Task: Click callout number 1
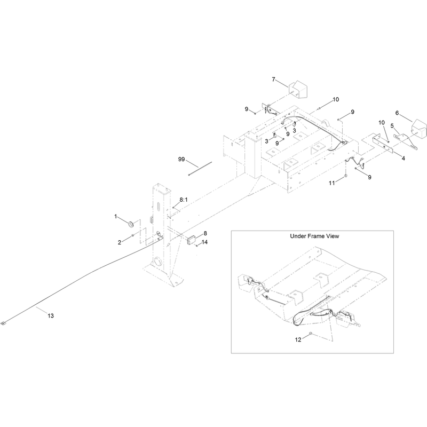coord(115,216)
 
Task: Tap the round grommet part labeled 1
coord(131,224)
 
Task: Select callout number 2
coord(119,242)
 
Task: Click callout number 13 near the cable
coord(51,316)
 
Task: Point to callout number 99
coord(181,159)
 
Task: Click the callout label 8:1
coord(184,200)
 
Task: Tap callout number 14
coord(204,242)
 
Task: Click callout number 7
coord(273,79)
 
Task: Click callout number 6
coord(397,113)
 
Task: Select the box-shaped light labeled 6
coord(420,128)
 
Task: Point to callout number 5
coord(392,126)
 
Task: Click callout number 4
coord(404,158)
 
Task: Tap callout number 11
coord(331,183)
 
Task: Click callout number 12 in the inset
coord(298,339)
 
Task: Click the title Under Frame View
coord(314,236)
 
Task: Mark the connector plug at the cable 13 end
coord(3,323)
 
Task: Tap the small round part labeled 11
coord(346,176)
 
